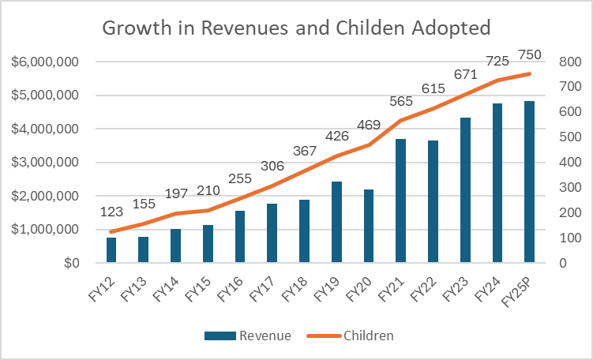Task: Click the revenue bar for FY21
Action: coord(400,201)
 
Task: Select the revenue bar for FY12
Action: coord(111,250)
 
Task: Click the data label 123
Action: coord(111,212)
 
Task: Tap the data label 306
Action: coord(272,165)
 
